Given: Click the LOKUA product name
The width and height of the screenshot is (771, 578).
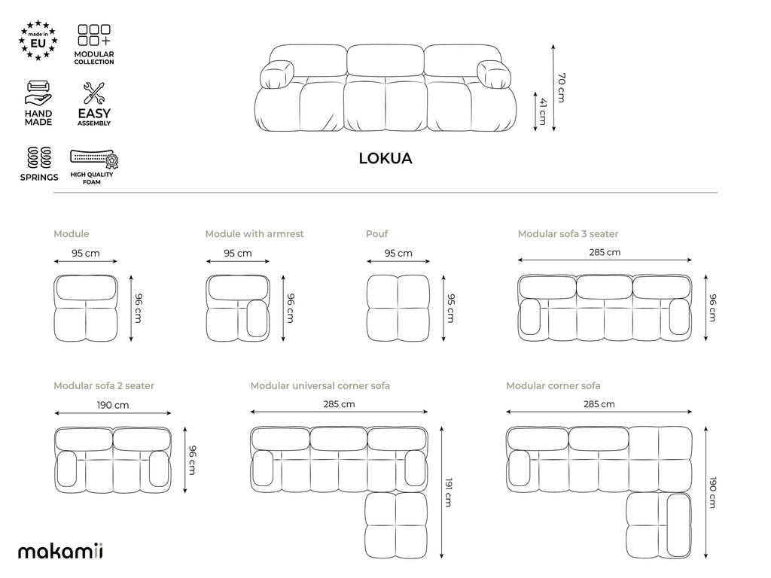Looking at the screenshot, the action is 385,158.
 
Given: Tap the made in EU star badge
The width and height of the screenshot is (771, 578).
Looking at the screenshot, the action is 38,41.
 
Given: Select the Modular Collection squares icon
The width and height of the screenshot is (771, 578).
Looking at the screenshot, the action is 94,35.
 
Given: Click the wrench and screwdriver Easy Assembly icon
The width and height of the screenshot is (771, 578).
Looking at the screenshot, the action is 94,93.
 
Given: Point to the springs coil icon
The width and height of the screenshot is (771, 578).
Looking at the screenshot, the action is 39,158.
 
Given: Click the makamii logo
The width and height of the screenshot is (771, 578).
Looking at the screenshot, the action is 60,551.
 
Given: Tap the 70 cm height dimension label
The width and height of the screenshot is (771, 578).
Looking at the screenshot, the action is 562,87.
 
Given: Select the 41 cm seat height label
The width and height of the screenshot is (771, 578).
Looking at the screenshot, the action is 543,111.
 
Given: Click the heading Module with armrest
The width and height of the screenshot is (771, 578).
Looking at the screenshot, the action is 254,234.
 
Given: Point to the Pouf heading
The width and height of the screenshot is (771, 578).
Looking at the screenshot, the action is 376,234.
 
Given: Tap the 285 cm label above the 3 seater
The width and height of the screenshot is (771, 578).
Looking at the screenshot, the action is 605,252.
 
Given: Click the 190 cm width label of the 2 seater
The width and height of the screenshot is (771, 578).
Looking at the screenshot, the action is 113,405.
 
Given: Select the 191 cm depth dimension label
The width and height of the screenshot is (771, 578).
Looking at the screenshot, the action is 449,492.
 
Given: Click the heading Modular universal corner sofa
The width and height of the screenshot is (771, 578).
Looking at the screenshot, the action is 320,386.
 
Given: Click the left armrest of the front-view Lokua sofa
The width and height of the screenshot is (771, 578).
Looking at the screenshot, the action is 276,75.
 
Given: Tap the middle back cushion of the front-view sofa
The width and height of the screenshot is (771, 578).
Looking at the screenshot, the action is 385,60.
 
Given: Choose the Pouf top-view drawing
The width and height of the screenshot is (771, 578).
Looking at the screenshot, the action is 398,308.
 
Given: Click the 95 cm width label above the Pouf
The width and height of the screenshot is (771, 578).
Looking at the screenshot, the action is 398,253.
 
